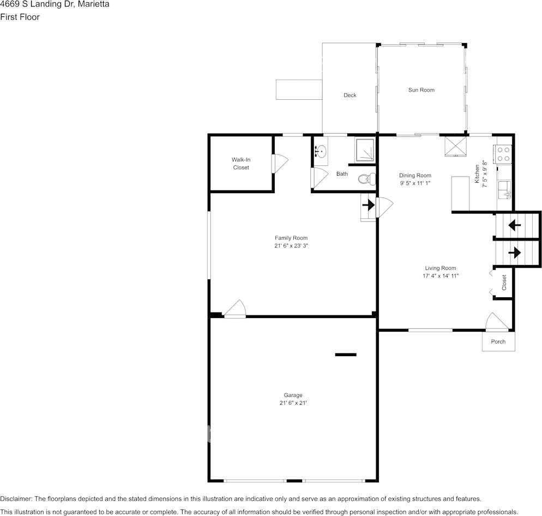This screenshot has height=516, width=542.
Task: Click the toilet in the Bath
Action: (x=368, y=178)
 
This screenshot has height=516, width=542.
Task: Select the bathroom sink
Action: (x=321, y=151)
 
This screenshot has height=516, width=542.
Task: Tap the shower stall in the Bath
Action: (x=365, y=150)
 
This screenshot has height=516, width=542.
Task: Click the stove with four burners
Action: (x=503, y=154)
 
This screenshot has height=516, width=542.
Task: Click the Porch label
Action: (x=498, y=342)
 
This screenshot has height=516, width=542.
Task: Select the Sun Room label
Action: (x=421, y=90)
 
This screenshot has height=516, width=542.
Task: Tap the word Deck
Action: (x=350, y=95)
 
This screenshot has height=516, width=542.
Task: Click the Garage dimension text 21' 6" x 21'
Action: (x=292, y=403)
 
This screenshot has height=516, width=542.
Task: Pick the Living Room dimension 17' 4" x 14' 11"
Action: (x=440, y=276)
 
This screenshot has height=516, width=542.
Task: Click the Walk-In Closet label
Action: (x=240, y=164)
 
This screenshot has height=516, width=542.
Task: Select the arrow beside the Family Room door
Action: (x=369, y=206)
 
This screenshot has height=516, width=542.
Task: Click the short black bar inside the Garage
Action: (x=345, y=355)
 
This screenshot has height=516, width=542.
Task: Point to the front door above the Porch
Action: (x=497, y=323)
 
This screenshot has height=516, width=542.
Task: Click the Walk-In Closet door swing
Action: (x=280, y=163)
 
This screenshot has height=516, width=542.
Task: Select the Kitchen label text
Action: (x=477, y=173)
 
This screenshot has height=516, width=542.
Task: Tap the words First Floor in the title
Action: (x=20, y=17)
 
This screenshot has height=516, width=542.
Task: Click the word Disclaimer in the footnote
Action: (x=16, y=499)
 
